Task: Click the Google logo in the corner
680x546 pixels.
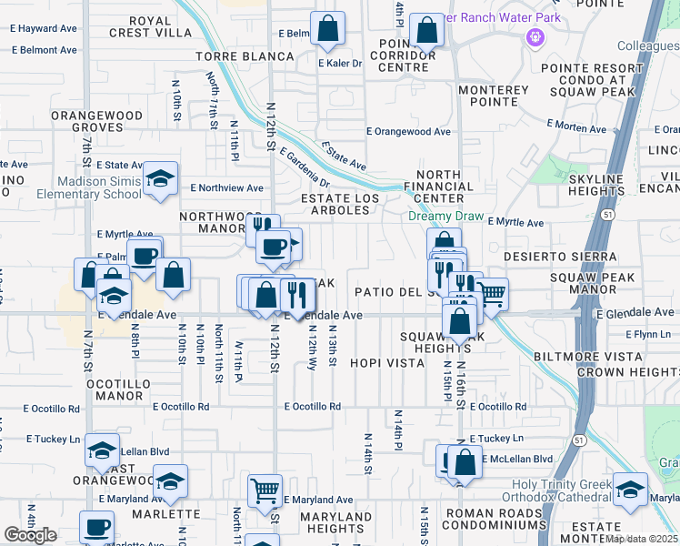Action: point(30,535)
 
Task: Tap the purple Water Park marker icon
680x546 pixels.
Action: point(535,38)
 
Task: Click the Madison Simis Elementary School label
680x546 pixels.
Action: point(89,187)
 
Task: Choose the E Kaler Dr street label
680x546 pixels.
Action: point(338,64)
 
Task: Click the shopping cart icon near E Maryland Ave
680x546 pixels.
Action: point(265,490)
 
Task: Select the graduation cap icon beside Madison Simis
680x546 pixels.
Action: point(161,178)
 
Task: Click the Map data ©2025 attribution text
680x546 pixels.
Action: point(642,539)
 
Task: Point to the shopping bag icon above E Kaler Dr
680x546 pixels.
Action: point(328,29)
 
